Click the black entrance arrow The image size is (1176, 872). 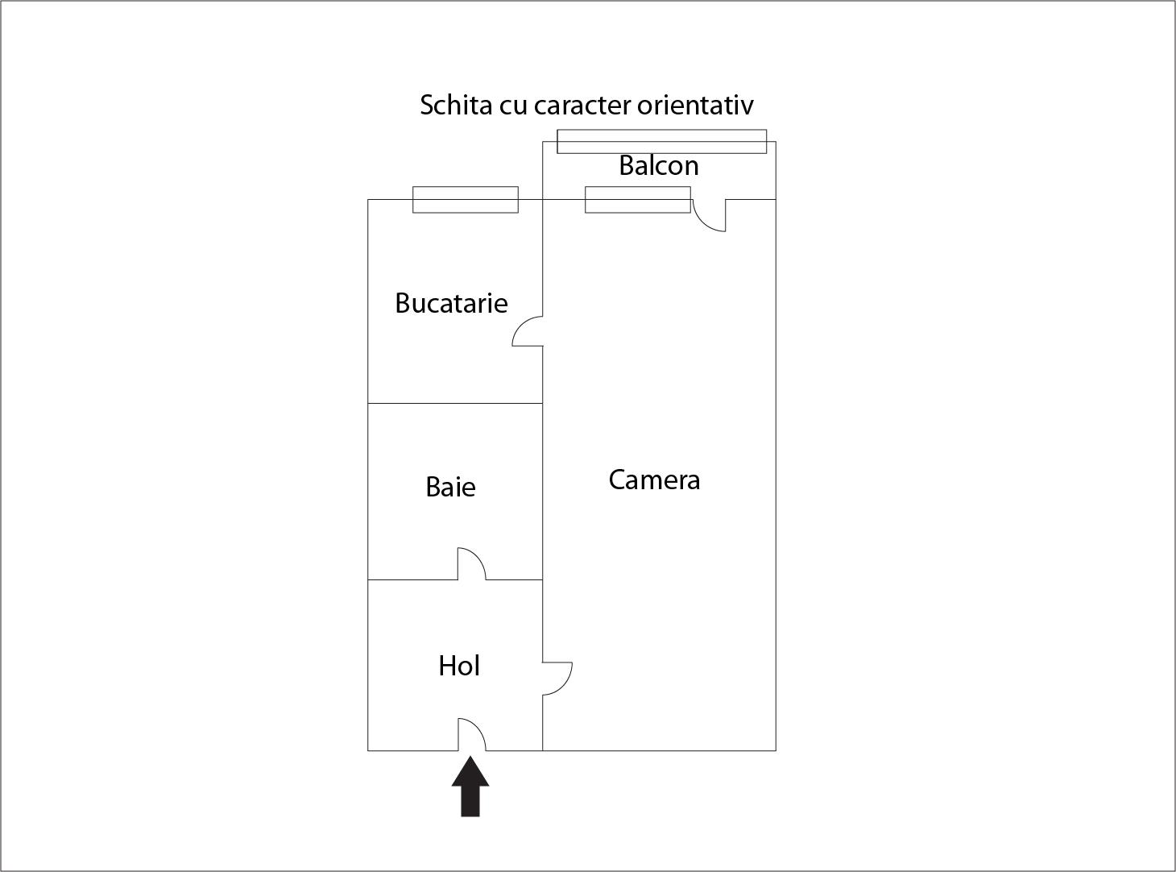pos(470,786)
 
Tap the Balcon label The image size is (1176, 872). pos(659,165)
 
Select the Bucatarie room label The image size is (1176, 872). pos(451,303)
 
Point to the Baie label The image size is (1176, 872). pos(450,487)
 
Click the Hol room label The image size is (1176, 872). pos(459,666)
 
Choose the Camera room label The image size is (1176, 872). pos(654,480)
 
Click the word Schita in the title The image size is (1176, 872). pos(456,105)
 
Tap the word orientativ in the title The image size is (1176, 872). pos(695,105)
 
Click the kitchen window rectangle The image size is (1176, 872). pos(466,200)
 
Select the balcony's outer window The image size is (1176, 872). pos(661,141)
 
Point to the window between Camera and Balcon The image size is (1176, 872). pos(638,200)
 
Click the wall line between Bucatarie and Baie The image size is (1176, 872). pos(455,403)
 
